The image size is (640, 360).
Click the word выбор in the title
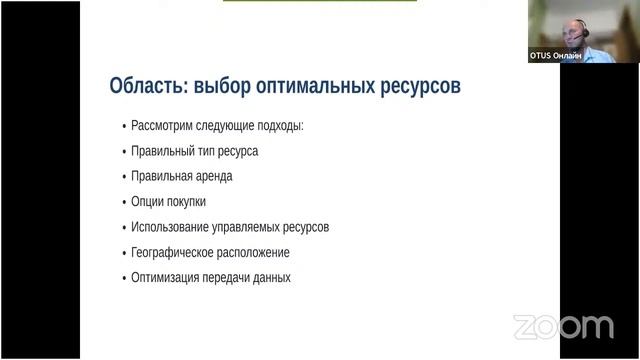(226, 86)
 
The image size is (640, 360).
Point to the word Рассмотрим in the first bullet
(165, 126)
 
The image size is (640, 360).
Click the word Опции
(147, 201)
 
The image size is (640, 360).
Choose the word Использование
(172, 227)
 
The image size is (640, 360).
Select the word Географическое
(173, 252)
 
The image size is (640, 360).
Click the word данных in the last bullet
(271, 277)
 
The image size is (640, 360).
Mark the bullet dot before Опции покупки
(123, 202)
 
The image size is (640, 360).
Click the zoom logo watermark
(563, 326)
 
